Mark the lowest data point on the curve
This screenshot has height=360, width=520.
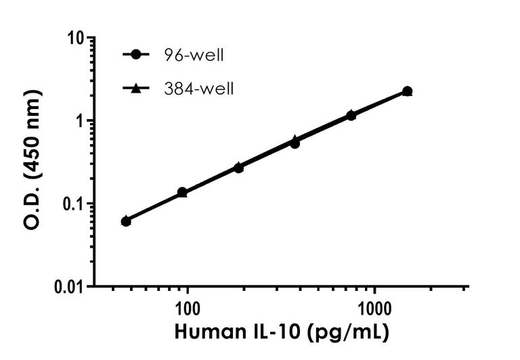(126, 221)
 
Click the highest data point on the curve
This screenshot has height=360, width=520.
(407, 91)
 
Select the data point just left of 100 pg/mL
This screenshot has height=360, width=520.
(182, 193)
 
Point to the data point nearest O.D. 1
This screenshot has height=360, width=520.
(351, 116)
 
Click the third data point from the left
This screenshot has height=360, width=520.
(238, 167)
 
